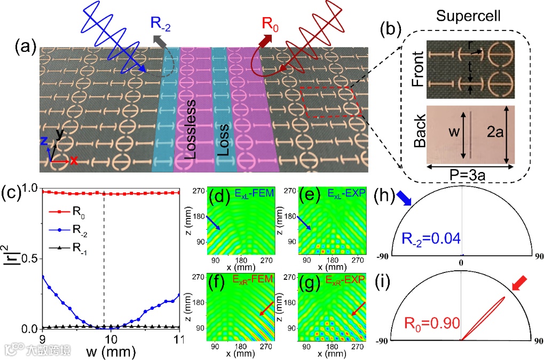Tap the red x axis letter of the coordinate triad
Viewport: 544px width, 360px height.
coord(74,160)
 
